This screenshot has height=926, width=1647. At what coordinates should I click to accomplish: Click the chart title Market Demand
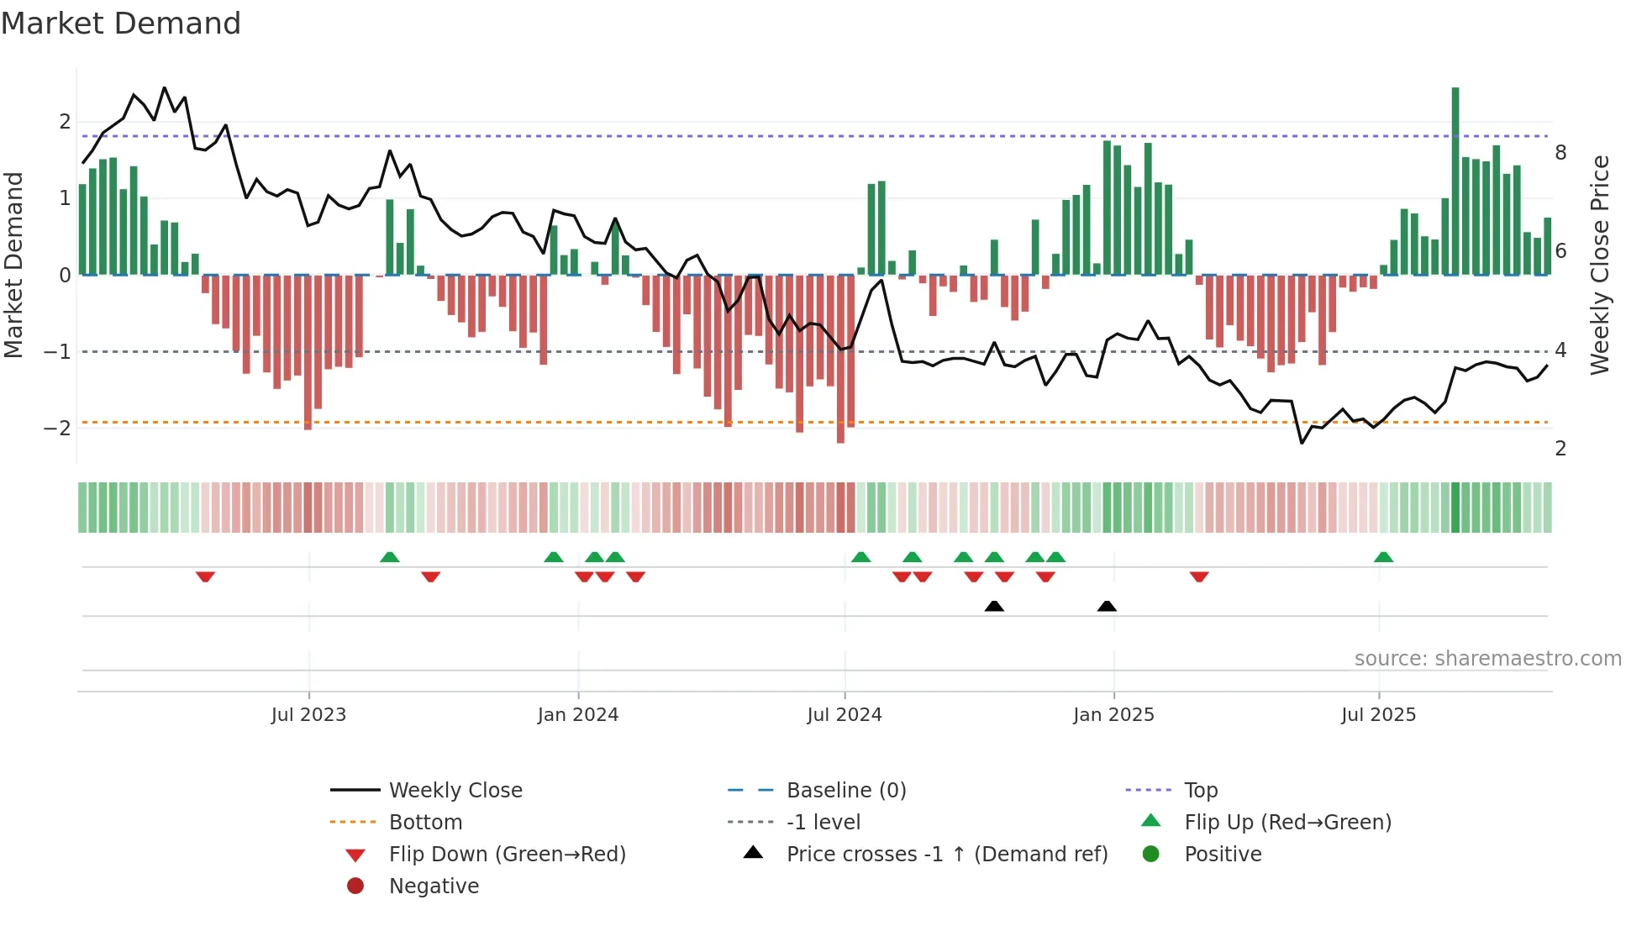click(x=121, y=24)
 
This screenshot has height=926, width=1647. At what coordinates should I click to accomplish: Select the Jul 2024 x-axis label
click(x=845, y=715)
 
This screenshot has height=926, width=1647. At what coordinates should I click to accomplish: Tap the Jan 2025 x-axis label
click(x=1113, y=715)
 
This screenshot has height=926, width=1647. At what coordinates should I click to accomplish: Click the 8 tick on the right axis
click(x=1560, y=153)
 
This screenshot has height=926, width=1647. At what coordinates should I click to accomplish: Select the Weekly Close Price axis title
click(x=1600, y=265)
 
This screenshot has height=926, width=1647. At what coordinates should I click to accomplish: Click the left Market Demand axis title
click(x=14, y=265)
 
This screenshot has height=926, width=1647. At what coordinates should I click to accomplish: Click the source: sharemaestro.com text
click(x=1487, y=659)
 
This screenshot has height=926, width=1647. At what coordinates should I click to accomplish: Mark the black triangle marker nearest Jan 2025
click(x=1107, y=606)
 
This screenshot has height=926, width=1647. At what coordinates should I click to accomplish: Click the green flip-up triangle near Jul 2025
click(x=1383, y=557)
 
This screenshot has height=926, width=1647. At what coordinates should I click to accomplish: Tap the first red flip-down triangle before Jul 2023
click(x=205, y=576)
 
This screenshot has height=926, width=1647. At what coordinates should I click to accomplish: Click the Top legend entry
click(x=1200, y=791)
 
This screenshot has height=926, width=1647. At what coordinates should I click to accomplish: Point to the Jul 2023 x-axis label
click(x=308, y=715)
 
